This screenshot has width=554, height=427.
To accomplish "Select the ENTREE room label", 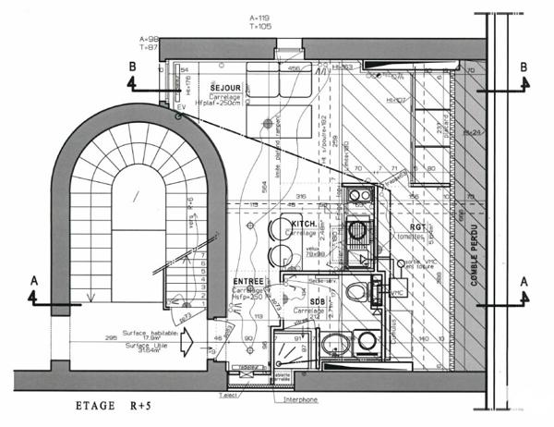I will point(250,280).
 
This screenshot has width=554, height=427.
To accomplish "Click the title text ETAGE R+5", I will point(116,407).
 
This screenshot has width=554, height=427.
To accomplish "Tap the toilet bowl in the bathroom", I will point(356,293).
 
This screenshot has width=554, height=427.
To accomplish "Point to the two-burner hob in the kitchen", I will point(356,196).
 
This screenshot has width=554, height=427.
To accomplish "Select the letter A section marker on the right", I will point(524,280).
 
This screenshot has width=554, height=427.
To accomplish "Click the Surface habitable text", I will point(147,334).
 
